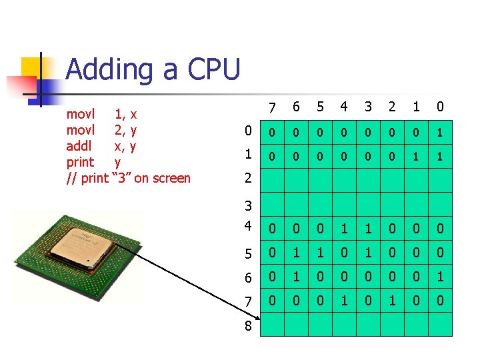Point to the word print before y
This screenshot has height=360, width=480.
pyautogui.click(x=81, y=162)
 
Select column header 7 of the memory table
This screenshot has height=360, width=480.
pyautogui.click(x=271, y=108)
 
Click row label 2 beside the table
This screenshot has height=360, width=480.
pyautogui.click(x=248, y=178)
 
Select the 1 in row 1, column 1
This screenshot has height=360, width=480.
pyautogui.click(x=417, y=157)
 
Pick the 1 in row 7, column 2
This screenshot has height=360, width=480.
pyautogui.click(x=392, y=301)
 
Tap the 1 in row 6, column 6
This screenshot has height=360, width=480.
pyautogui.click(x=296, y=277)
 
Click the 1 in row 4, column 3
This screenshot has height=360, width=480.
pyautogui.click(x=368, y=229)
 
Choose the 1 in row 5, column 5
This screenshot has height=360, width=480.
pyautogui.click(x=320, y=253)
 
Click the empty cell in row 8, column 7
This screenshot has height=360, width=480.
pyautogui.click(x=271, y=324)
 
